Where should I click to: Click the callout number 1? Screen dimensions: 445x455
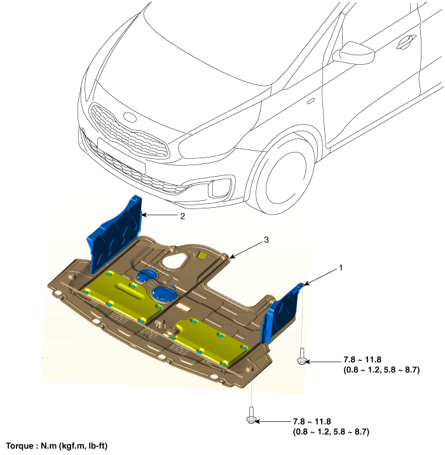tap(341, 268)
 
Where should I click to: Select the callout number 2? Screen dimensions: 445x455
tap(182, 216)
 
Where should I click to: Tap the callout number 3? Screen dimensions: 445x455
tap(266, 240)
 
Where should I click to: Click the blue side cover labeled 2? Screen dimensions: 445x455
tap(114, 234)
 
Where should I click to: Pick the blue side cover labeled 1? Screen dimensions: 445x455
tap(281, 313)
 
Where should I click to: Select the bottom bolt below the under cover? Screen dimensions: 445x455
tap(251, 415)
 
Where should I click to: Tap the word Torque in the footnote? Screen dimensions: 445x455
tap(18, 446)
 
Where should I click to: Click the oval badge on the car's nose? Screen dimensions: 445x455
tap(130, 117)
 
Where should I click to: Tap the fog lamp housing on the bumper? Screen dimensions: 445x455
tap(220, 187)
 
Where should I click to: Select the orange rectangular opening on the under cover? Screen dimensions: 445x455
tap(183, 307)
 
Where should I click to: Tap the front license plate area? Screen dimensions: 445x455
tap(121, 156)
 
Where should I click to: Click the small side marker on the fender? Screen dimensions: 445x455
tap(311, 100)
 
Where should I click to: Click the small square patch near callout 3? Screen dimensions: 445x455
tap(203, 255)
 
